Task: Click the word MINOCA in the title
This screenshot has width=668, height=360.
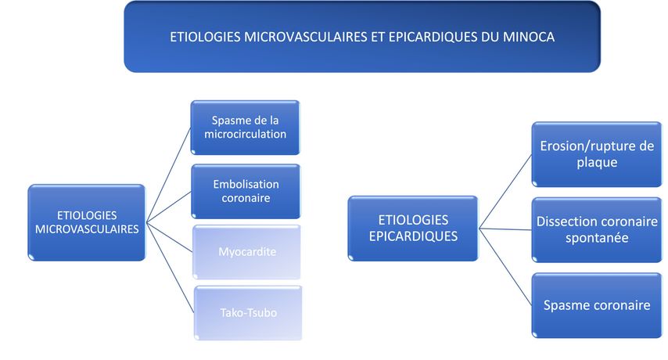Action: [528, 37]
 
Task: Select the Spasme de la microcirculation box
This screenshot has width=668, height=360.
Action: [245, 128]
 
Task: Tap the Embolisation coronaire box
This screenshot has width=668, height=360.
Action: [246, 191]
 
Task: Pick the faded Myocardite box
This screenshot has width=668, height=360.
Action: [246, 252]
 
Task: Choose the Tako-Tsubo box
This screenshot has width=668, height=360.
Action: [247, 313]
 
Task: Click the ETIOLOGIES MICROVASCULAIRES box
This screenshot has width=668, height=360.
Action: [87, 222]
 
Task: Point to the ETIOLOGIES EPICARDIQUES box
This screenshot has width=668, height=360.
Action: [413, 229]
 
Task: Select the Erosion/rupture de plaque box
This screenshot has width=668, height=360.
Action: [596, 154]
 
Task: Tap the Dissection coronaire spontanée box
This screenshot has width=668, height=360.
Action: [596, 229]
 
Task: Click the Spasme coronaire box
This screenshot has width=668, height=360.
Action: [596, 305]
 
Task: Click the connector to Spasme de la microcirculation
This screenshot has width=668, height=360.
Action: [168, 175]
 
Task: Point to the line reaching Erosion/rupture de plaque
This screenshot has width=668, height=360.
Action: [505, 191]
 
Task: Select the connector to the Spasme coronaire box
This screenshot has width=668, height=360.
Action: [505, 267]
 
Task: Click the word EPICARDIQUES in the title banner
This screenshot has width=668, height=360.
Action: [433, 37]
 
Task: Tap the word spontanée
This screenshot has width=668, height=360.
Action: [597, 238]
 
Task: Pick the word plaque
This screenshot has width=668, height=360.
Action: [597, 162]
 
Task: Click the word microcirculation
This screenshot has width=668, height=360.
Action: [246, 134]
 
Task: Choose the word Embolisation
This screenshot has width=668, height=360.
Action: [246, 185]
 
